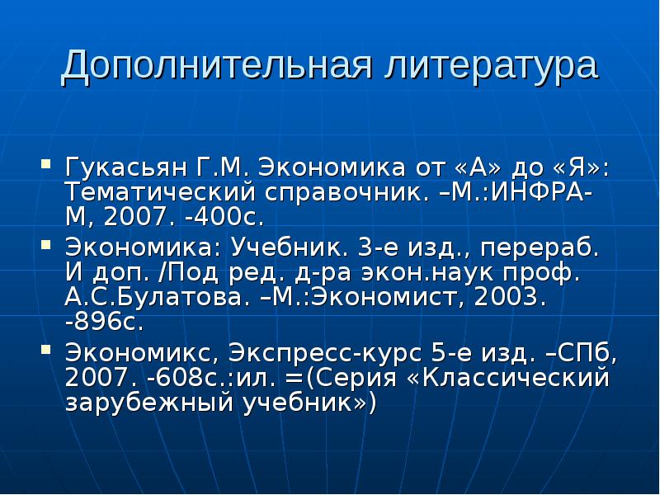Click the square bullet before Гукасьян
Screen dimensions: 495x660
(47, 163)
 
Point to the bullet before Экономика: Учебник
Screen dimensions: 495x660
(47, 246)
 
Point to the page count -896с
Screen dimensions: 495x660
(104, 323)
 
